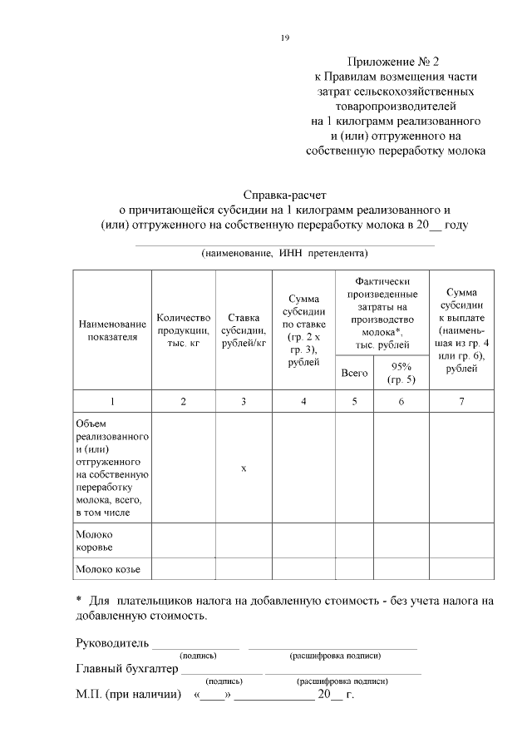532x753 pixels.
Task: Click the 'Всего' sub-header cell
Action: click(354, 373)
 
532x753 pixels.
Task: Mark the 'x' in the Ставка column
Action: click(244, 468)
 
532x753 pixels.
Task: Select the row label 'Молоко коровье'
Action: click(94, 541)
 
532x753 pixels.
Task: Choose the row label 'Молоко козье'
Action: click(107, 570)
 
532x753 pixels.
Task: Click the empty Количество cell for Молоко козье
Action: click(184, 570)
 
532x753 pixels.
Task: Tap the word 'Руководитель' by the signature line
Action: click(112, 643)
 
